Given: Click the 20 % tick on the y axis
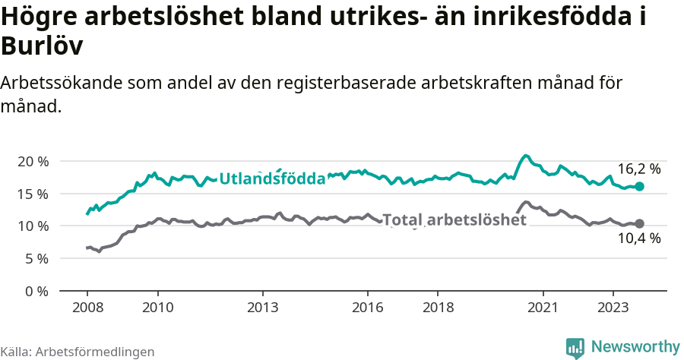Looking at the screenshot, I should coord(32,162).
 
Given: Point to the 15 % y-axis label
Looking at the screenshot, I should coord(32,194).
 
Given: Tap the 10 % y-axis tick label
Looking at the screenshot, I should coord(32,226).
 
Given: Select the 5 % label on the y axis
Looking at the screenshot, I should coord(36,258).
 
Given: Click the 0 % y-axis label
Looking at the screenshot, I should coord(36,291).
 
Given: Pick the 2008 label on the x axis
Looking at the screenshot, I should coord(87,308).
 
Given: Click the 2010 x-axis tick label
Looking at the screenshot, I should coord(157,308).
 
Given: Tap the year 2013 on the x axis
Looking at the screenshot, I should coord(262,308).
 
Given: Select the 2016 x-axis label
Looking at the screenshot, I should coord(368,308).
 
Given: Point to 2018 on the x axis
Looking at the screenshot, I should coord(438,308).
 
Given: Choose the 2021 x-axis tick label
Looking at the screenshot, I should coord(543,308).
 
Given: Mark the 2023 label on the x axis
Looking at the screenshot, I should coord(613,308).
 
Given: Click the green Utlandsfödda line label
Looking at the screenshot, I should coord(272,179).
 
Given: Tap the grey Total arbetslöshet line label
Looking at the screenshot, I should coord(454,220).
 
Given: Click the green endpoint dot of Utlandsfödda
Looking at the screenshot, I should coord(640,186).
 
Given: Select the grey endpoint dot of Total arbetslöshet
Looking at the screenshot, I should coord(640,223).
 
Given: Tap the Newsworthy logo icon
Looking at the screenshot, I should coord(575,348).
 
